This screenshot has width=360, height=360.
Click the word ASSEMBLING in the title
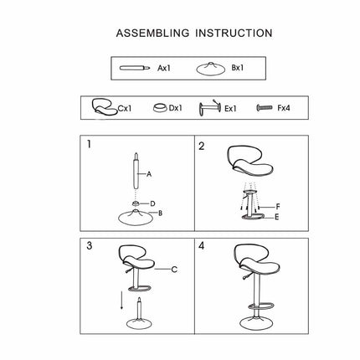[152, 33]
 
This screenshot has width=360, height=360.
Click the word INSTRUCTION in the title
[234, 33]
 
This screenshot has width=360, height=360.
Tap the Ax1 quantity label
[164, 68]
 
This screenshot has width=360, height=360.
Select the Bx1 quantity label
[238, 68]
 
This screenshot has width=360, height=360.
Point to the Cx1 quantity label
[125, 108]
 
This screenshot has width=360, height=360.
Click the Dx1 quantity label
[176, 108]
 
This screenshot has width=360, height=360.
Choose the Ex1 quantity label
[230, 109]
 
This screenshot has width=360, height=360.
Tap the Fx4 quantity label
[284, 108]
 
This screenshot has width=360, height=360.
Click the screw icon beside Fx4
[265, 107]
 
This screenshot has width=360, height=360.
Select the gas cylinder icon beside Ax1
[135, 68]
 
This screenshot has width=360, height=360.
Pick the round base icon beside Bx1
[211, 69]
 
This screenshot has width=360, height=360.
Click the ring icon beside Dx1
[160, 108]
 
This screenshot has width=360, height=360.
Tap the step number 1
[89, 144]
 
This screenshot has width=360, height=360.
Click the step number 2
[202, 146]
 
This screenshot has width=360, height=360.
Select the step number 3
[90, 245]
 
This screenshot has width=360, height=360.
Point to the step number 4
[202, 245]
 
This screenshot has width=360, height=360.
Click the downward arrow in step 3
[121, 300]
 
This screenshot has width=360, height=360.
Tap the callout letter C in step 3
[174, 270]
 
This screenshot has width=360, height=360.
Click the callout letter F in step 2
[278, 207]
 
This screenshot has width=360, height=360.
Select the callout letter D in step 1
[152, 203]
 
